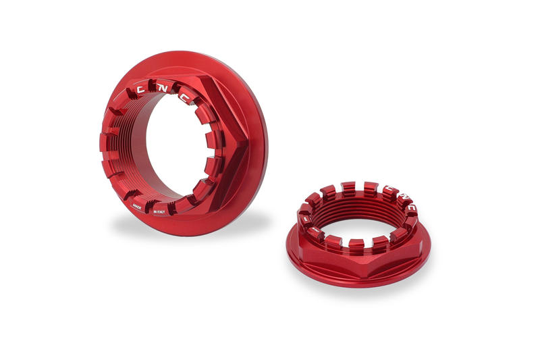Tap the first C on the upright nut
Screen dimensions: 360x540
140,88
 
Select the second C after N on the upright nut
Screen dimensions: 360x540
184,97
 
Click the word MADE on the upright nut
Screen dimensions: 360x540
136,209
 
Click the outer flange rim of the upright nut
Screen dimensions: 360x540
260,145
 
